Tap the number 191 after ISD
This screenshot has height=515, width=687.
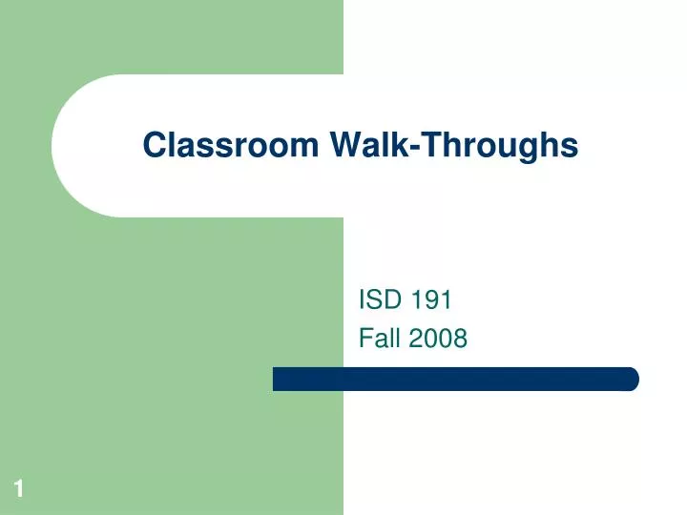pos(430,301)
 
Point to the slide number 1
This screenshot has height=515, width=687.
pos(18,490)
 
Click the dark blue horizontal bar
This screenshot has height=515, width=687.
pos(455,379)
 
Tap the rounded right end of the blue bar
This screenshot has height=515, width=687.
pos(633,379)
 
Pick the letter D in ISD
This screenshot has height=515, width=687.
pos(392,301)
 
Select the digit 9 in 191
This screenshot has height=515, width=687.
pos(431,301)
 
